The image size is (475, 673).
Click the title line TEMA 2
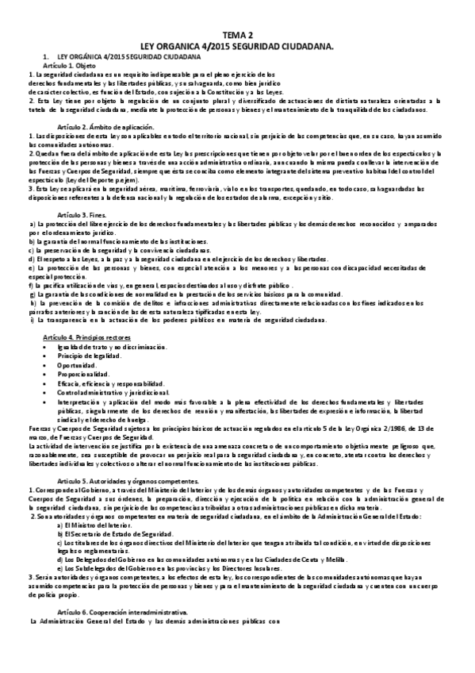[x=237, y=37]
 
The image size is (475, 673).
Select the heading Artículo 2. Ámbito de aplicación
[x=105, y=128]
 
